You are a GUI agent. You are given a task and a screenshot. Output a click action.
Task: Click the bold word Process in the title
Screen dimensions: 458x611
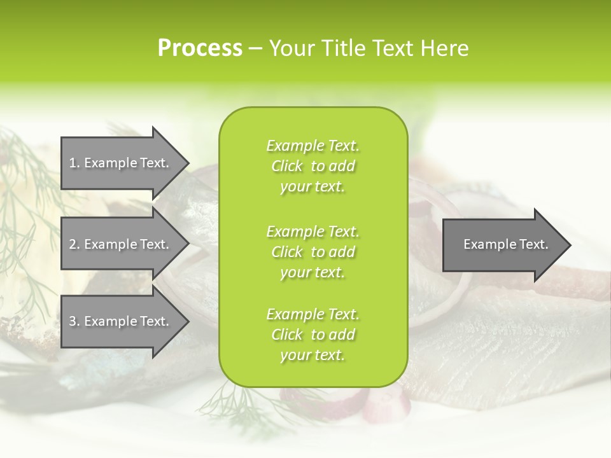tap(200, 48)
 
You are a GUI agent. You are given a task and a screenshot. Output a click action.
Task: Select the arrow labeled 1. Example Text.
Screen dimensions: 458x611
tap(121, 163)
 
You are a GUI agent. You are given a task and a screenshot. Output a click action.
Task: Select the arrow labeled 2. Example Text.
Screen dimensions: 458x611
tap(121, 244)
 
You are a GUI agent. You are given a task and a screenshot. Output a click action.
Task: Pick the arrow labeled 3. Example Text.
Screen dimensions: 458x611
tap(121, 321)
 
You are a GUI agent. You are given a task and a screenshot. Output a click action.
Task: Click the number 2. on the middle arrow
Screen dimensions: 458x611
tap(74, 244)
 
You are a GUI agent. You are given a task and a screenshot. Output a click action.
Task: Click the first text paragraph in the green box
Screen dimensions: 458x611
tap(313, 166)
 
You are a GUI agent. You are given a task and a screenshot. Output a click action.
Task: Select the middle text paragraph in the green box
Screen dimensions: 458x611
tap(313, 252)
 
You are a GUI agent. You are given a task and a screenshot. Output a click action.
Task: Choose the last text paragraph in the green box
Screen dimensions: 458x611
tap(313, 335)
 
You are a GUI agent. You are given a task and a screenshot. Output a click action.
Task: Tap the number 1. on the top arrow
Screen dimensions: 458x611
tap(74, 163)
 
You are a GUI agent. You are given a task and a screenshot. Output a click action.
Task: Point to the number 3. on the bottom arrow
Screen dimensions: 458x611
tap(74, 321)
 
